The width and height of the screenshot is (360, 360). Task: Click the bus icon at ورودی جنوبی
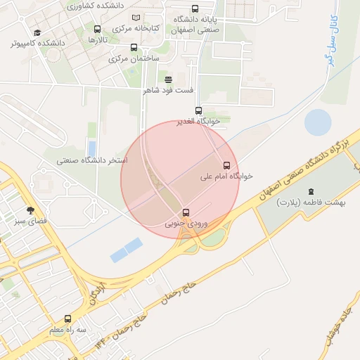pos(186,212)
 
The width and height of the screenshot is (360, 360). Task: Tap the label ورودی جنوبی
pos(186,224)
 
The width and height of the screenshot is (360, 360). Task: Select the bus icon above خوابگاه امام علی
pos(226,165)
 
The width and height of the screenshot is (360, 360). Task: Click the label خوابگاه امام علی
pos(227,176)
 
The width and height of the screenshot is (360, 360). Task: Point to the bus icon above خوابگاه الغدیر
pos(198,110)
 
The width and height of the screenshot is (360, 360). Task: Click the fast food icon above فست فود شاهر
pos(168,79)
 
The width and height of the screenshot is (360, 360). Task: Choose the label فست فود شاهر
pos(168,90)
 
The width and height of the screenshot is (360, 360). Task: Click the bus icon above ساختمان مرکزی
pos(134,48)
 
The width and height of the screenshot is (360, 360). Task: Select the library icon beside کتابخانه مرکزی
pos(136,18)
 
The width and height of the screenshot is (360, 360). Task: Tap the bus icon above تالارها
pos(97,30)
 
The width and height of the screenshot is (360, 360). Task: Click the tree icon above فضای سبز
pos(30,210)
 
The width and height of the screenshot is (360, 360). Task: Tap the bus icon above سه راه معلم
pos(67,319)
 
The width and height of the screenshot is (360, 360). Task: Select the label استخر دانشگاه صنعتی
pos(92,161)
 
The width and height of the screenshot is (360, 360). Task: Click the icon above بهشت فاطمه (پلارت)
pos(311,191)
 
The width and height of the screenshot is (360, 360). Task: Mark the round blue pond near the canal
pos(318,122)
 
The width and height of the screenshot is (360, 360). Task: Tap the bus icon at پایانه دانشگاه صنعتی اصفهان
pos(195,9)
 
